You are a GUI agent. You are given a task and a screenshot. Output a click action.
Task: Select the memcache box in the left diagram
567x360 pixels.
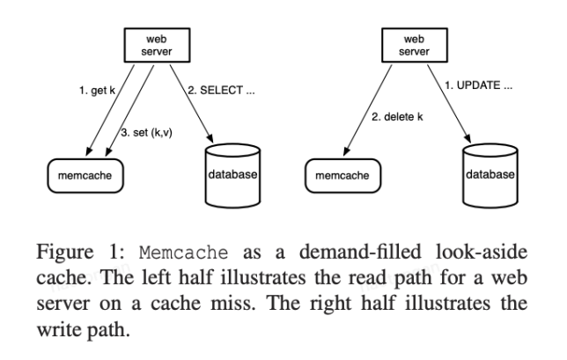coord(82,175)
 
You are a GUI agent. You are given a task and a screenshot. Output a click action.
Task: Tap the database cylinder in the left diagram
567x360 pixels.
coord(232,175)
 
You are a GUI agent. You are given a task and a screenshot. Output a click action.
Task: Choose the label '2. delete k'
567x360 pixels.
coord(394,115)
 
